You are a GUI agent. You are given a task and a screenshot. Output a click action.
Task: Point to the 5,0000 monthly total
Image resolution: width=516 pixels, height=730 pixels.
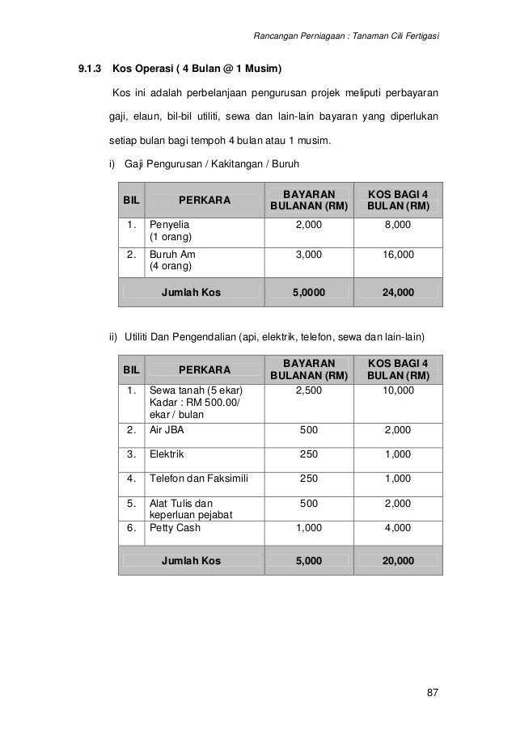pos(308,292)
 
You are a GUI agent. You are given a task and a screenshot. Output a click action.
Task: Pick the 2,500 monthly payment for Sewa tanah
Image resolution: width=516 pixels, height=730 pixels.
pos(308,390)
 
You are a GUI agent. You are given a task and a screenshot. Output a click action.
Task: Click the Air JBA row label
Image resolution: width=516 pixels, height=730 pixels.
pos(166,430)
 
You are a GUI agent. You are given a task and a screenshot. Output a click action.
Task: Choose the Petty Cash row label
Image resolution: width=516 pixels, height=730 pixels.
pos(175,528)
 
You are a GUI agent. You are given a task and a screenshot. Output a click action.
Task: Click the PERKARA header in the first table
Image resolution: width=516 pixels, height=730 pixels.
pos(203,200)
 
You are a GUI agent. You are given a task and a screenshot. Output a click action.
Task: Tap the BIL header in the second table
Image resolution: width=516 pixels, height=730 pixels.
pos(130,369)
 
